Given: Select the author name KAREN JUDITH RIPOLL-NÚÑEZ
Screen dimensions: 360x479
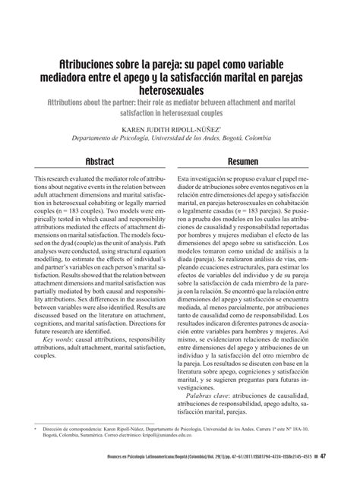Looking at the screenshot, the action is (x=179, y=129).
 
